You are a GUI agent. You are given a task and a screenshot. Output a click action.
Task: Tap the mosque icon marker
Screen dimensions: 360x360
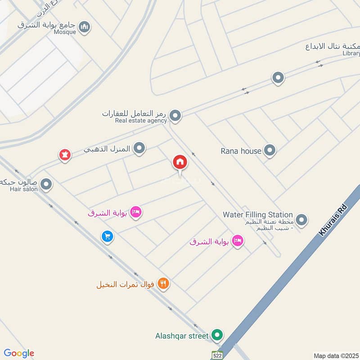(x=84, y=27)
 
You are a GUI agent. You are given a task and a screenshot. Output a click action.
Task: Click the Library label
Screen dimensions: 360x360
(x=351, y=53)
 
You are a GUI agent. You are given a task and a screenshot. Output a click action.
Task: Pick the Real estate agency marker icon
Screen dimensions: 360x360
(x=175, y=116)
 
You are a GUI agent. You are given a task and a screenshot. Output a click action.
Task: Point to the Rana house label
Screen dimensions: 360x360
(x=241, y=151)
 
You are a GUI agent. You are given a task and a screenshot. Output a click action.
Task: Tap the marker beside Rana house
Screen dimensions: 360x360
(x=270, y=150)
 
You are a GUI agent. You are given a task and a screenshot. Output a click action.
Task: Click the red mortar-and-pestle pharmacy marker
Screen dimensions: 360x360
(x=65, y=155)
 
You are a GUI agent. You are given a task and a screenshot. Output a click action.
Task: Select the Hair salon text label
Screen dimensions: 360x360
(x=24, y=189)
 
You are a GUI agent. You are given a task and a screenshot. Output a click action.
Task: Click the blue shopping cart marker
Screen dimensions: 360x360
(x=107, y=236)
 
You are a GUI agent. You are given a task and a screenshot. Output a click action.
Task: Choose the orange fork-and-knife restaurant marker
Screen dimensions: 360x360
(x=163, y=284)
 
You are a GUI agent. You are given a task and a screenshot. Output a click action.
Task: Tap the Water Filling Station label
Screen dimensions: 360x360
(x=257, y=215)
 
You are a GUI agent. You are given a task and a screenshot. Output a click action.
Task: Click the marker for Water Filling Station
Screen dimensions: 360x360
(x=302, y=220)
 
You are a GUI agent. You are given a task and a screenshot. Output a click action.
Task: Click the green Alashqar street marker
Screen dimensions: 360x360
(x=217, y=335)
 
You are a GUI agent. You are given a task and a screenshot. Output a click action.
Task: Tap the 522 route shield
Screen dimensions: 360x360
(x=217, y=355)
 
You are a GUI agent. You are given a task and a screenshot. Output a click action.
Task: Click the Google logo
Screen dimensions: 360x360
(x=19, y=353)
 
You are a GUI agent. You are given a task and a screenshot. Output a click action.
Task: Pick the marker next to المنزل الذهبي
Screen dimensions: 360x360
(x=139, y=148)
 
